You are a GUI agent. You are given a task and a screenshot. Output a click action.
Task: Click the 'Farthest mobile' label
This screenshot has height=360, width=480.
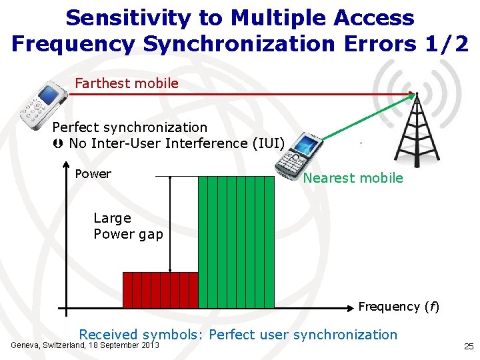[127, 83]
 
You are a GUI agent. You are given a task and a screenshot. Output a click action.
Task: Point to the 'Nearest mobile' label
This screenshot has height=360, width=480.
[353, 178]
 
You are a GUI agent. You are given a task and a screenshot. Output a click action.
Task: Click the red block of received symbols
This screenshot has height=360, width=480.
[161, 290]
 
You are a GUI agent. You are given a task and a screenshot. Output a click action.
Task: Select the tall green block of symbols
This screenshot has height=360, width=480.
[237, 241]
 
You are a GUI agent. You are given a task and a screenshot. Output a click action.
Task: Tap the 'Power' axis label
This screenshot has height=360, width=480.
[93, 174]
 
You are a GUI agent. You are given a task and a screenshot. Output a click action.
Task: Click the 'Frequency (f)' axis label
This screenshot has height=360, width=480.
[399, 307]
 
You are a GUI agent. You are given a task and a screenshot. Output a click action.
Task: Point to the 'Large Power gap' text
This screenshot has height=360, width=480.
[128, 226]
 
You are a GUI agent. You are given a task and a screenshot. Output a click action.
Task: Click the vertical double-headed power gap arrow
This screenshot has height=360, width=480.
[171, 224]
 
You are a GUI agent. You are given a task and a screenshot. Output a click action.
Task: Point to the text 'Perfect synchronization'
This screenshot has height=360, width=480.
[130, 127]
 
